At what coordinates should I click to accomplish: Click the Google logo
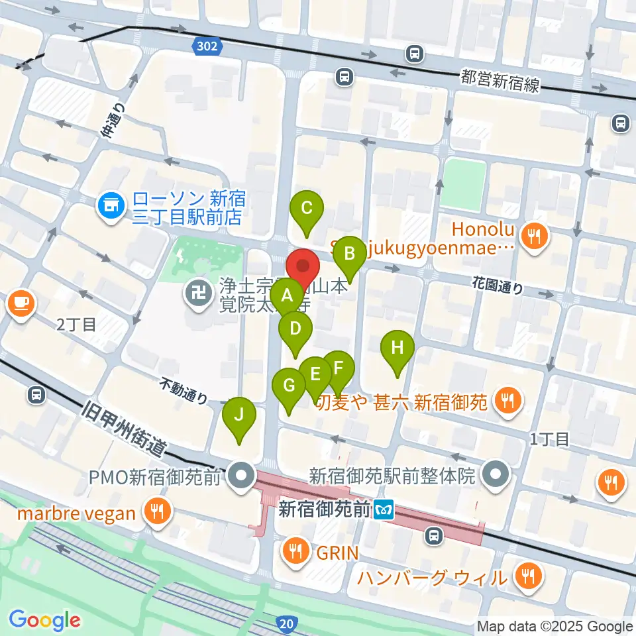pos(44,621)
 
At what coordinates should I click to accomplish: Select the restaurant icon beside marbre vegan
pos(157,512)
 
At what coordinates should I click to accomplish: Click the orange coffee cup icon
pos(21,303)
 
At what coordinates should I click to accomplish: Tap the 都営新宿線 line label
pos(502,82)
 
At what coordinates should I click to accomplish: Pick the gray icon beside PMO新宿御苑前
pos(240,476)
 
